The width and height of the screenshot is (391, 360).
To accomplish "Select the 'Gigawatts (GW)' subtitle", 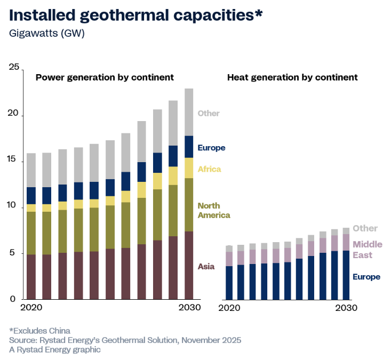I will (x=47, y=33).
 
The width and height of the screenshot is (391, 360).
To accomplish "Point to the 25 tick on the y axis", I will (x=14, y=67).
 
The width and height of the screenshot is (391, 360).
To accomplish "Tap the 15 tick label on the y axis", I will (x=14, y=161).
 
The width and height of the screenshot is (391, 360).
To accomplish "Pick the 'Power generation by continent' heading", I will (x=105, y=77).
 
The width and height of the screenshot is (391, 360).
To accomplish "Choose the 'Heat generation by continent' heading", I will (x=292, y=77).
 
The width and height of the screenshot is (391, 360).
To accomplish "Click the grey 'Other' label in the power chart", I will (x=209, y=113).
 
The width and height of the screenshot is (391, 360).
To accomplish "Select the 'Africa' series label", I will (x=209, y=169).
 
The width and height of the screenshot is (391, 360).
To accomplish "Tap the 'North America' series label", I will (x=214, y=211).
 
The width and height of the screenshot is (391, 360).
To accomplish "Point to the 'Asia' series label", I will (x=206, y=266).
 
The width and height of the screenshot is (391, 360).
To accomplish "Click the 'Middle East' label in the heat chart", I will (x=368, y=250).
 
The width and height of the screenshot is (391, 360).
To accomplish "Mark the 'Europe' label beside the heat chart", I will (x=366, y=277).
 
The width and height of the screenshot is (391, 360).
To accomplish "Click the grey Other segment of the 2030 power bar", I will (x=189, y=112).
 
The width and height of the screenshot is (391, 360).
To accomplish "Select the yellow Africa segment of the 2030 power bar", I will (x=189, y=168).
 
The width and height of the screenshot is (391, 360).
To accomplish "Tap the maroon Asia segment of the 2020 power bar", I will (x=31, y=277).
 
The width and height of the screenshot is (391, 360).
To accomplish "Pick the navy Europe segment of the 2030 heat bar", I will (x=346, y=275).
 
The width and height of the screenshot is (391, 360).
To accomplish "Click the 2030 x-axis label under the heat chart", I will (x=347, y=308).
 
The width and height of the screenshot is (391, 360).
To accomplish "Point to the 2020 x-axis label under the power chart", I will (x=31, y=308).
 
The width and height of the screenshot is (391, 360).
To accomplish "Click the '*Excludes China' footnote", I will (x=39, y=331).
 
